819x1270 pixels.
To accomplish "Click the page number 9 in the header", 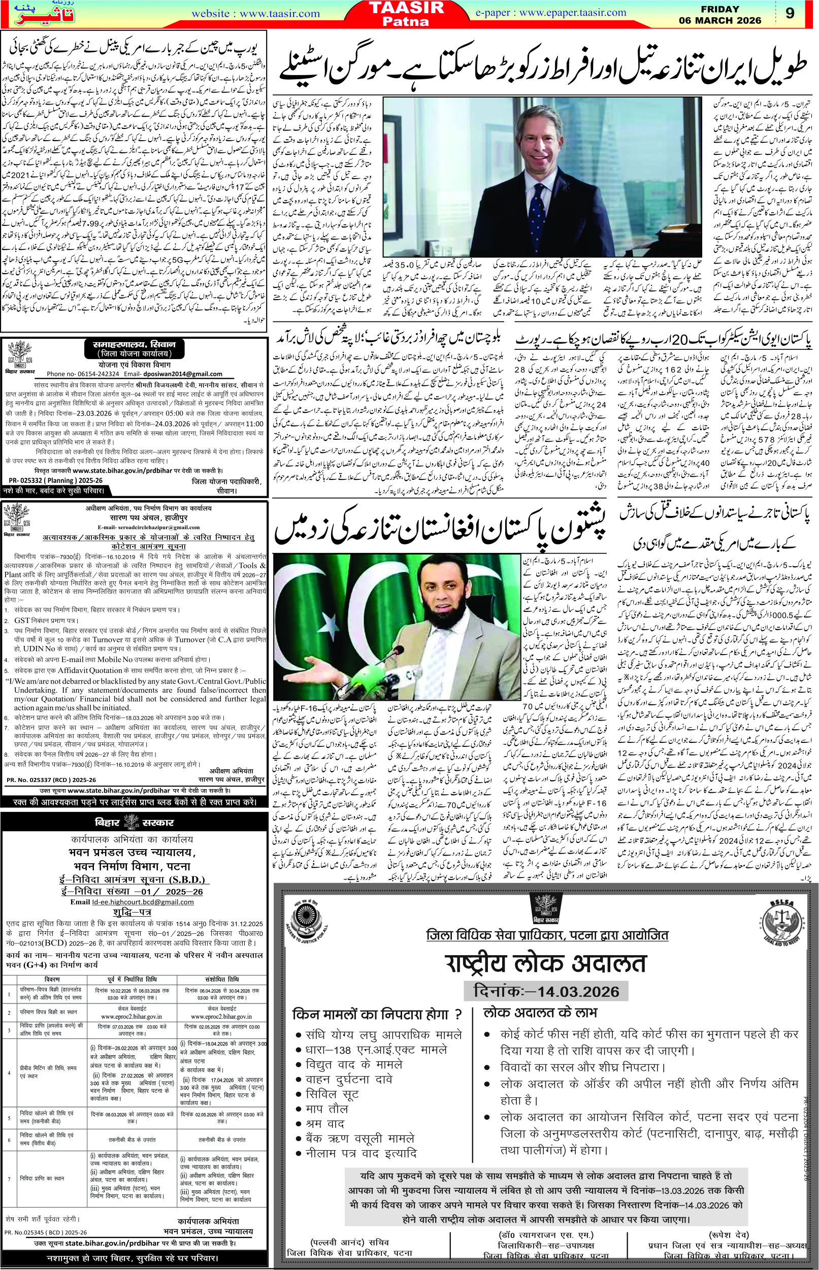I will (790, 13).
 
